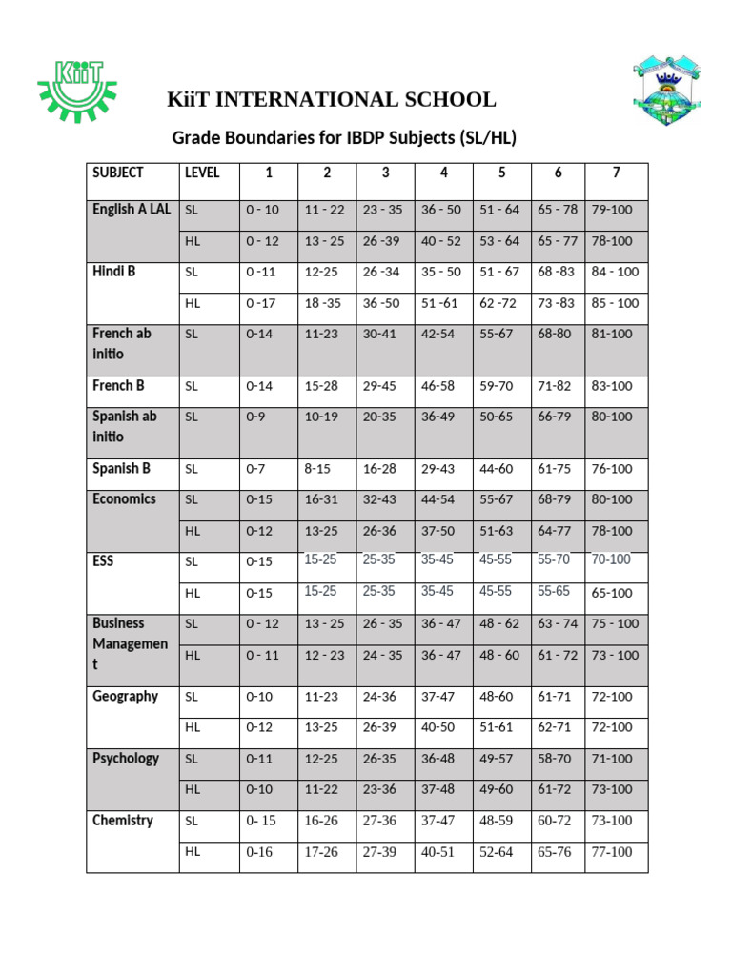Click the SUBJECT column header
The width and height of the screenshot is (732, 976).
coord(118,173)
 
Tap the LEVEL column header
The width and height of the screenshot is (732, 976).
coord(201,173)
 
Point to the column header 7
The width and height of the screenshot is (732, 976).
coord(617,173)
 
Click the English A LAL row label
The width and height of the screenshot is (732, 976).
coord(132,210)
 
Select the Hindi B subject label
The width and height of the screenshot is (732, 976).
coord(114,272)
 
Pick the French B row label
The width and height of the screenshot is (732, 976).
coord(118,386)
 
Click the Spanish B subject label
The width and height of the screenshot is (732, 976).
coord(121,469)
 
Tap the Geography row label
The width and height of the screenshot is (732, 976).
coord(125,697)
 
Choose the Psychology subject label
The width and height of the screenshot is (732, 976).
coord(126,759)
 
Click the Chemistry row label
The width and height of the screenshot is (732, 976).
coord(122,821)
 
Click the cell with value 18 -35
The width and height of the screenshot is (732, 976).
coord(324,303)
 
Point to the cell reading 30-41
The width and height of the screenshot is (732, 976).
coord(380,335)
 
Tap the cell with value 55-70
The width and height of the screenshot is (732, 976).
coord(554,559)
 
